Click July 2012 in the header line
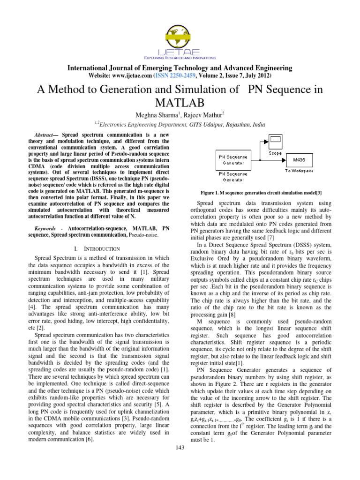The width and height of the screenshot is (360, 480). pos(257,75)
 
